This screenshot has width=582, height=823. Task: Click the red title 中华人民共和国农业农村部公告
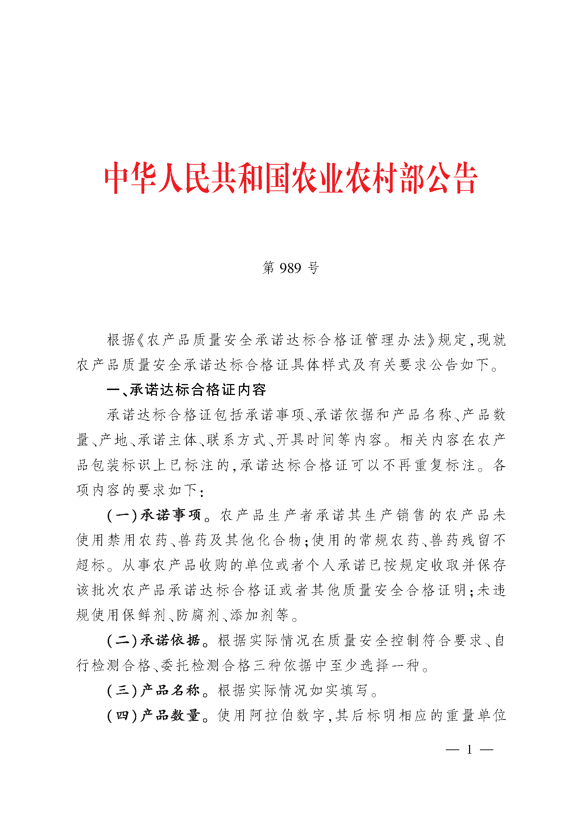[291, 178]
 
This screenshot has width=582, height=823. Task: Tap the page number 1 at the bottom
[469, 749]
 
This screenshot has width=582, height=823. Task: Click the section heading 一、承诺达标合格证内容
[186, 390]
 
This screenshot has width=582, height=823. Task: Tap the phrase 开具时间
[305, 440]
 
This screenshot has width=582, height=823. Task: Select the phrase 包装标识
[122, 465]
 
